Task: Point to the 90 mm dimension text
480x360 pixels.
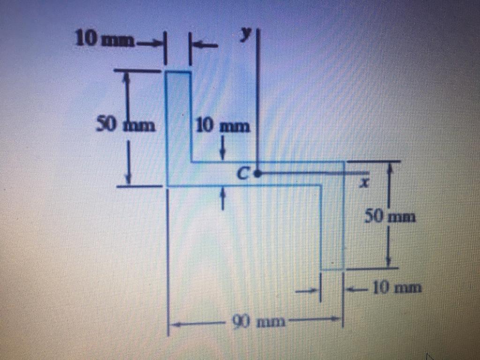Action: pyautogui.click(x=257, y=322)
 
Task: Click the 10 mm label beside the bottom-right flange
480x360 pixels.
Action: pyautogui.click(x=397, y=287)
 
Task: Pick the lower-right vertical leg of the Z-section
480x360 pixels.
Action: pyautogui.click(x=332, y=225)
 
